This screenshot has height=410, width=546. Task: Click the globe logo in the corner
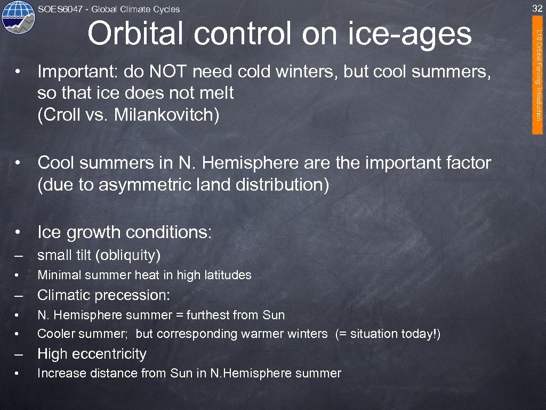(18, 17)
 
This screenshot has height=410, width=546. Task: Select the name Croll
(58, 115)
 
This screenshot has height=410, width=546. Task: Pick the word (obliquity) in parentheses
(128, 256)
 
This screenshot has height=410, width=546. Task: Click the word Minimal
(58, 275)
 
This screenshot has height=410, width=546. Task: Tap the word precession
(139, 295)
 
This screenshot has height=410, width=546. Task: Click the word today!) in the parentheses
(421, 334)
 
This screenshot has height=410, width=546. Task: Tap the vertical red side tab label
(539, 75)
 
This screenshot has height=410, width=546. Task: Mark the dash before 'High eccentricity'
(19, 354)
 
